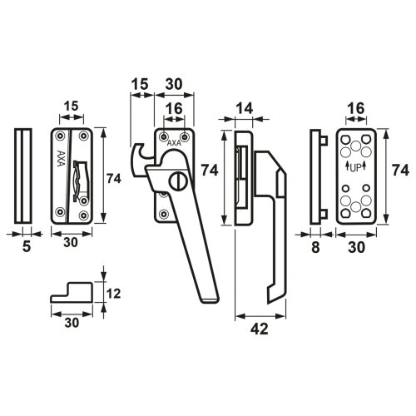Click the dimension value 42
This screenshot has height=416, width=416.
[260, 329]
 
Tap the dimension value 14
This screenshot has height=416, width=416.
[245, 108]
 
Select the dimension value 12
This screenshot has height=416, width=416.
[113, 294]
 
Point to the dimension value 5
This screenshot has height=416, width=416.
[27, 246]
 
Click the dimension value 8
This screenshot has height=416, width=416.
[315, 247]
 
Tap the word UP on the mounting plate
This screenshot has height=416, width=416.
[356, 167]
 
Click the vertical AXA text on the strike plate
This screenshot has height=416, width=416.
[61, 158]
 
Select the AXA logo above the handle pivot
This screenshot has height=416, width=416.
[174, 143]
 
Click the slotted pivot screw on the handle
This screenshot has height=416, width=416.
[178, 181]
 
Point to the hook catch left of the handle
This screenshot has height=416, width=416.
[138, 160]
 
